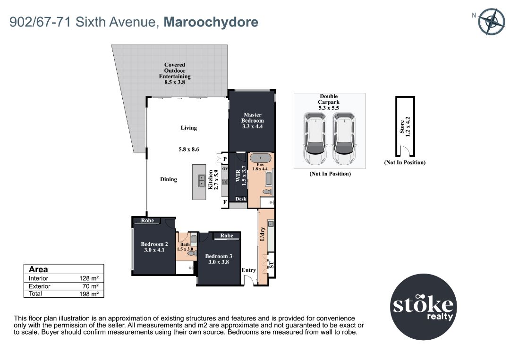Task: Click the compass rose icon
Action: click(x=492, y=21)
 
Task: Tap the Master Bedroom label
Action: click(x=252, y=120)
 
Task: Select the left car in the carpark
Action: click(x=315, y=138)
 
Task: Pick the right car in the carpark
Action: click(x=344, y=138)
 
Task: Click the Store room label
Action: click(x=405, y=127)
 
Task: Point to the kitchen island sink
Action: click(x=202, y=180)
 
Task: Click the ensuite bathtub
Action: click(x=260, y=158)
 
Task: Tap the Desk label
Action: click(x=241, y=199)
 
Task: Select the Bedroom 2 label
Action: click(x=154, y=247)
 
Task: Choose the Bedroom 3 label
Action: click(x=219, y=259)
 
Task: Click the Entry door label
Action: click(x=249, y=270)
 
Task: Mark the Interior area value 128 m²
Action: click(x=89, y=278)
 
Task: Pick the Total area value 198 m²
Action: click(x=89, y=294)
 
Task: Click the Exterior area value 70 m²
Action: click(x=90, y=286)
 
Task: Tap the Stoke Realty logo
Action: click(x=423, y=307)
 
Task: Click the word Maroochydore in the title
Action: click(x=211, y=22)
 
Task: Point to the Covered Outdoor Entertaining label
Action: click(x=175, y=74)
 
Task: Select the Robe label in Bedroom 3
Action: click(x=227, y=235)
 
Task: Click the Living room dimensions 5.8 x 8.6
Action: click(x=188, y=150)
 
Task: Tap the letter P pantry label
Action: click(x=225, y=159)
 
